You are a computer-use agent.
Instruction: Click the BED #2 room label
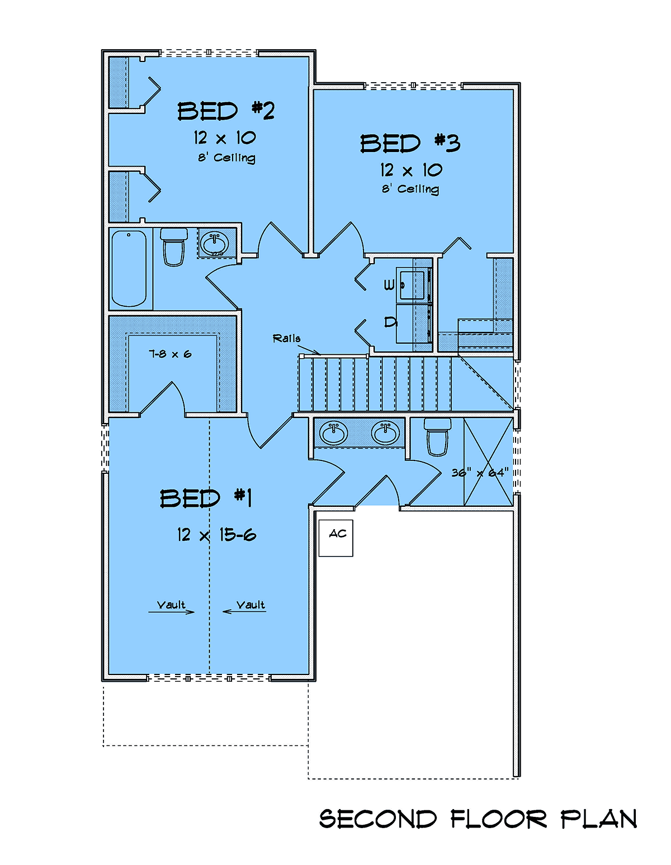click(x=226, y=111)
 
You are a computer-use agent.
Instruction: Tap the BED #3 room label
click(x=410, y=143)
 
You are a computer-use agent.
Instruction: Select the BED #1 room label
click(x=205, y=498)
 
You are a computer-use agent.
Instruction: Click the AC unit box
click(x=335, y=538)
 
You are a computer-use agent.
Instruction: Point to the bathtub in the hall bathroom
click(x=129, y=268)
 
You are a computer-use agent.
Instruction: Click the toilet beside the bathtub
click(x=174, y=247)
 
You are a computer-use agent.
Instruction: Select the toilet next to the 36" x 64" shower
click(x=437, y=436)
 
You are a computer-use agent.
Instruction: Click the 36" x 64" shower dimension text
click(x=480, y=473)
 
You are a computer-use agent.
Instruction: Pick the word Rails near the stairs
click(x=286, y=339)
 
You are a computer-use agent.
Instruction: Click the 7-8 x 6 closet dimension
click(x=170, y=354)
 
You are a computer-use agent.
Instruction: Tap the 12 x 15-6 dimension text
click(x=216, y=535)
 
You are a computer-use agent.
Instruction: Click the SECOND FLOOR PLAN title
click(x=478, y=819)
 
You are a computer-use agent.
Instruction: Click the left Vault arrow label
click(x=171, y=608)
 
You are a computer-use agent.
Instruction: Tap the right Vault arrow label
click(x=244, y=608)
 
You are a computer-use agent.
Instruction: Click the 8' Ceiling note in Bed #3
click(x=410, y=189)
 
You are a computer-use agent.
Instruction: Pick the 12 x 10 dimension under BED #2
click(x=225, y=137)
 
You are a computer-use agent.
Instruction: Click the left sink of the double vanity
click(x=334, y=432)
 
